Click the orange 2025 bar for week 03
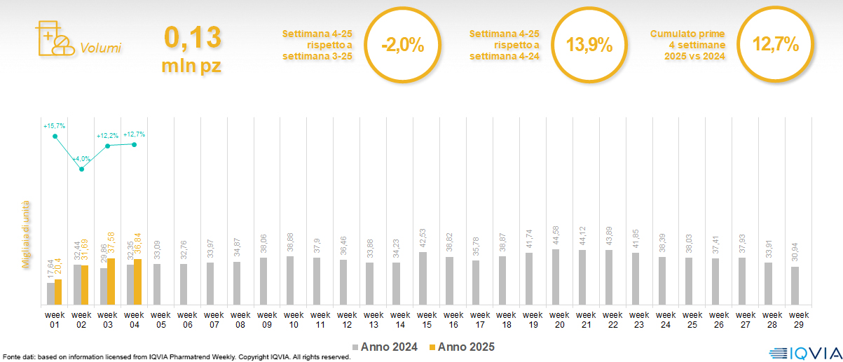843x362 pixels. click(111, 281)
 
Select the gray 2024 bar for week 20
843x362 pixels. click(556, 277)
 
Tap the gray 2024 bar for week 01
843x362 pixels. click(50, 293)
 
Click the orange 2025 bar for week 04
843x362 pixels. click(137, 282)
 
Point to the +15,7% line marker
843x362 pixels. click(55, 136)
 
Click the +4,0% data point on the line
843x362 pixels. click(82, 169)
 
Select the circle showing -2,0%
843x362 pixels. click(403, 46)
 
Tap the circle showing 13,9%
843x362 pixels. click(589, 46)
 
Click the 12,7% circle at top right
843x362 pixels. click(775, 46)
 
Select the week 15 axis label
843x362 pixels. click(422, 319)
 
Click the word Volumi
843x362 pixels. click(100, 48)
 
